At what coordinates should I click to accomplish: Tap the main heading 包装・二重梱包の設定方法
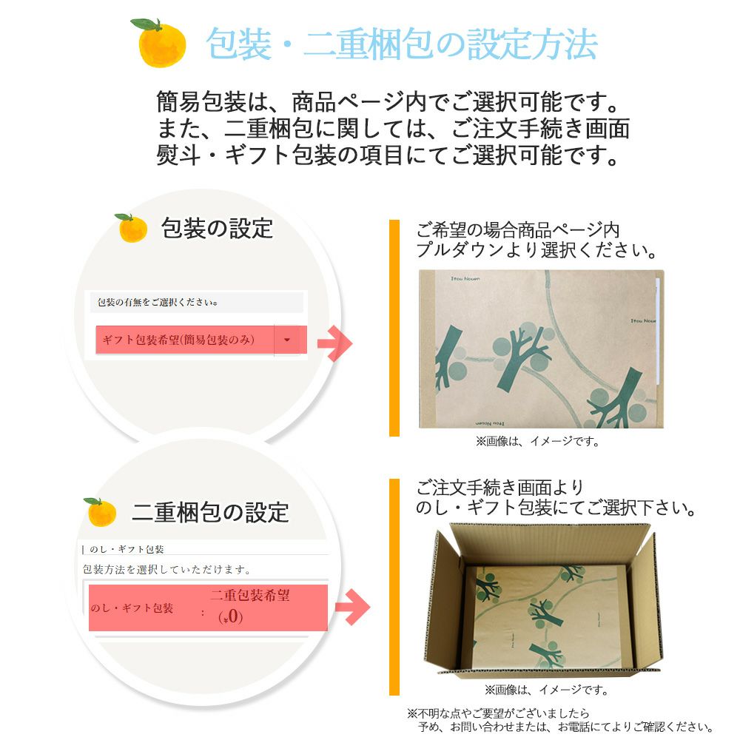[402, 44]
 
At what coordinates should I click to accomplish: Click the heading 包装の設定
[217, 228]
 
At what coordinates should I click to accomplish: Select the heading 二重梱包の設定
[210, 511]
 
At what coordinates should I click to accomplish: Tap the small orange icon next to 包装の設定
[132, 228]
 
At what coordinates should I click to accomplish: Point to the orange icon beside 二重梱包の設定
[101, 512]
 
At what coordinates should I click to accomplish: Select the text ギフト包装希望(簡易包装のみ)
[178, 340]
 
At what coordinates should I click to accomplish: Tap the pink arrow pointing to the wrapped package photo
[334, 343]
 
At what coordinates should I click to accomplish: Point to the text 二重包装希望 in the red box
[250, 595]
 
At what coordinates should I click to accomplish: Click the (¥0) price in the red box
[231, 617]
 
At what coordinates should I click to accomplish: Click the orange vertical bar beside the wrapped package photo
[394, 328]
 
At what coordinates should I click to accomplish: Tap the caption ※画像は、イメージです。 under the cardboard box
[546, 690]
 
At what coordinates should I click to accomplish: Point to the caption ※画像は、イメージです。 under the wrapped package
[537, 441]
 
